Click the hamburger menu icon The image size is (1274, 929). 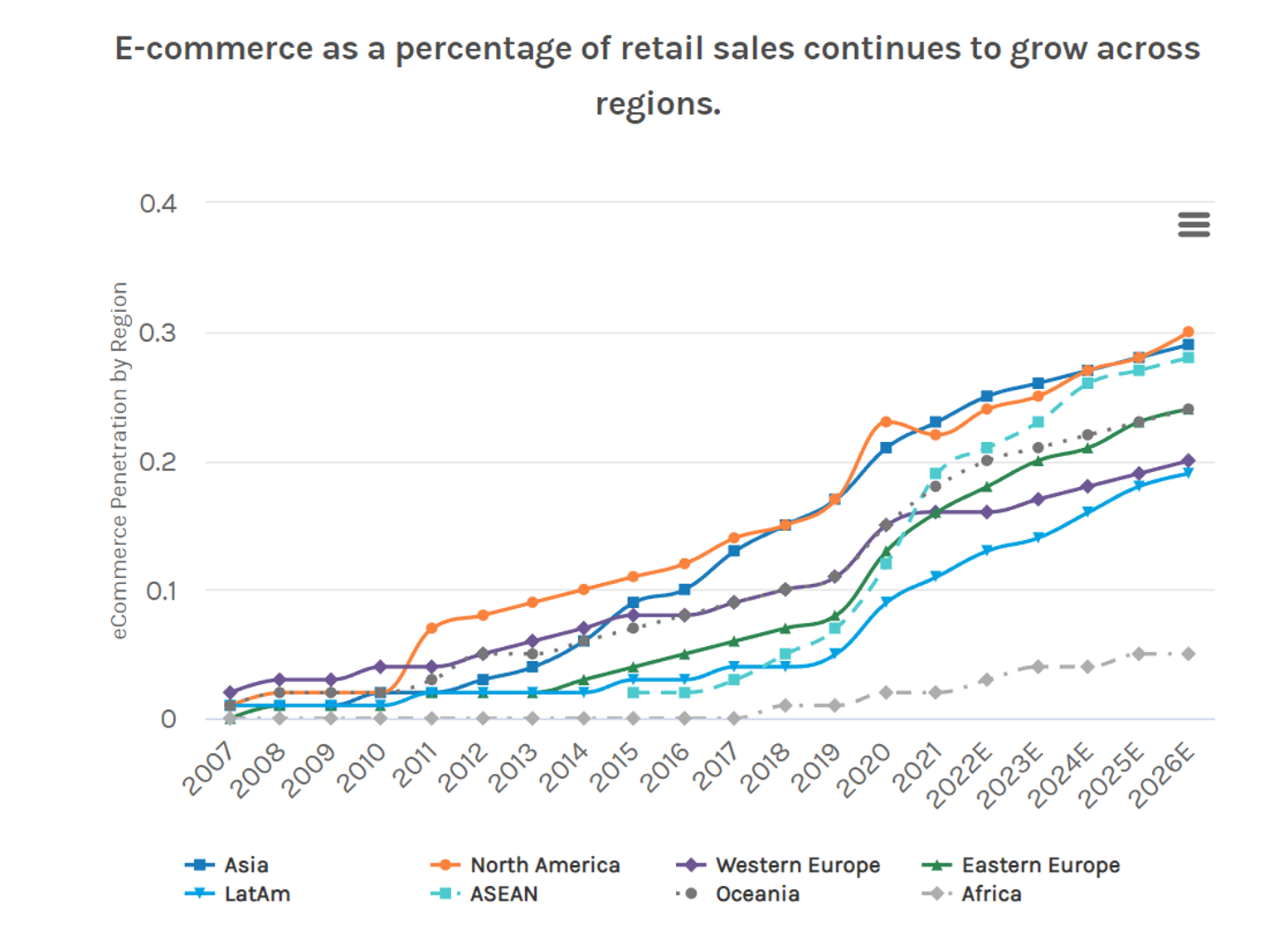(1194, 224)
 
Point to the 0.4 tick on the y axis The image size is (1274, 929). (158, 204)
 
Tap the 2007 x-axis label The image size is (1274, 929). (209, 769)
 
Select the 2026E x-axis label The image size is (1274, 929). (1163, 776)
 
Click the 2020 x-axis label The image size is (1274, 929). (865, 769)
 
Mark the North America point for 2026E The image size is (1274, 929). (1188, 332)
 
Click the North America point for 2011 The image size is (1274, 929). (431, 628)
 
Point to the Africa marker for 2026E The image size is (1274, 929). (1188, 654)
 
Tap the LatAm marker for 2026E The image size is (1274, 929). (1188, 473)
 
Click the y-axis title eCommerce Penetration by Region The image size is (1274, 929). (119, 460)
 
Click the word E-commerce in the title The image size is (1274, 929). (213, 49)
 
